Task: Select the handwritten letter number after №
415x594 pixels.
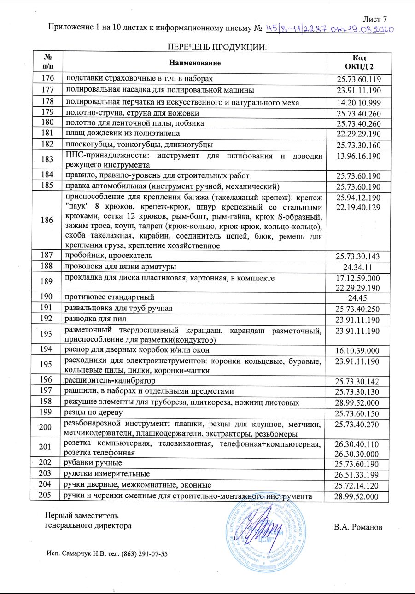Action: pos(330,29)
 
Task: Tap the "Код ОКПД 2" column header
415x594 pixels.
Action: pos(359,62)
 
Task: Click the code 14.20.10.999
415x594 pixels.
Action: pos(359,102)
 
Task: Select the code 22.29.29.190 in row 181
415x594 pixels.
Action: pos(359,134)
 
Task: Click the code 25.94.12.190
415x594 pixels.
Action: pos(359,198)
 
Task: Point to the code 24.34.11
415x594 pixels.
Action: pos(359,268)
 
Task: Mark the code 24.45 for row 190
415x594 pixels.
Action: pos(359,297)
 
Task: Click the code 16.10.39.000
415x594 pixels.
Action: pos(359,350)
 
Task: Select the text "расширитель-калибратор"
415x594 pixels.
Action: pos(110,381)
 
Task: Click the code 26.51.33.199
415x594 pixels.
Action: pos(359,474)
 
